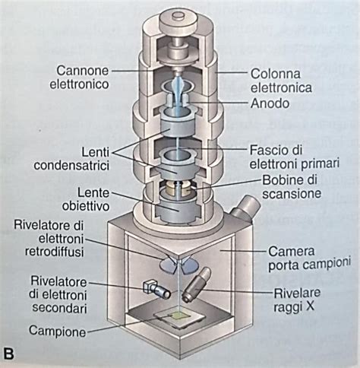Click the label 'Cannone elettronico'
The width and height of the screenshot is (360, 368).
(79, 77)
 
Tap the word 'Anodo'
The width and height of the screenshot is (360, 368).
(270, 103)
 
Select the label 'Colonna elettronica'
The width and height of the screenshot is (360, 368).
(281, 81)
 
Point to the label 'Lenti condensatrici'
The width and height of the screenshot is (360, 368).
(72, 159)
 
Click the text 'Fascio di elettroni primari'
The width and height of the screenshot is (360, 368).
(295, 157)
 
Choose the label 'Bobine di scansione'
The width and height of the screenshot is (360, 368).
(292, 187)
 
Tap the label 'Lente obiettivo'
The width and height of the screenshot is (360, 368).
(86, 199)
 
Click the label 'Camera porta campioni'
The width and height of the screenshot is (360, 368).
(309, 259)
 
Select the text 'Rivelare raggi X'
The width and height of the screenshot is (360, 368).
(297, 300)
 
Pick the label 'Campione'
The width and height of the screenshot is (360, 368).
(58, 331)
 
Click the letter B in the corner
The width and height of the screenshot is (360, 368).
(8, 354)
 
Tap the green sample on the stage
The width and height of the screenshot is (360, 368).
(179, 315)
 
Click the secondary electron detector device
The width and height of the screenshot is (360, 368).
(156, 290)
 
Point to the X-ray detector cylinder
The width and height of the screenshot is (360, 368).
(196, 285)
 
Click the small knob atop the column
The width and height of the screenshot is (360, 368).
(179, 15)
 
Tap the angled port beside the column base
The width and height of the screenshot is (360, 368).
(245, 208)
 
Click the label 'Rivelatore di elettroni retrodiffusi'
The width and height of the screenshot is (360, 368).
(49, 239)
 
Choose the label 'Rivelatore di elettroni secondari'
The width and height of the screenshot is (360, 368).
(58, 295)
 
